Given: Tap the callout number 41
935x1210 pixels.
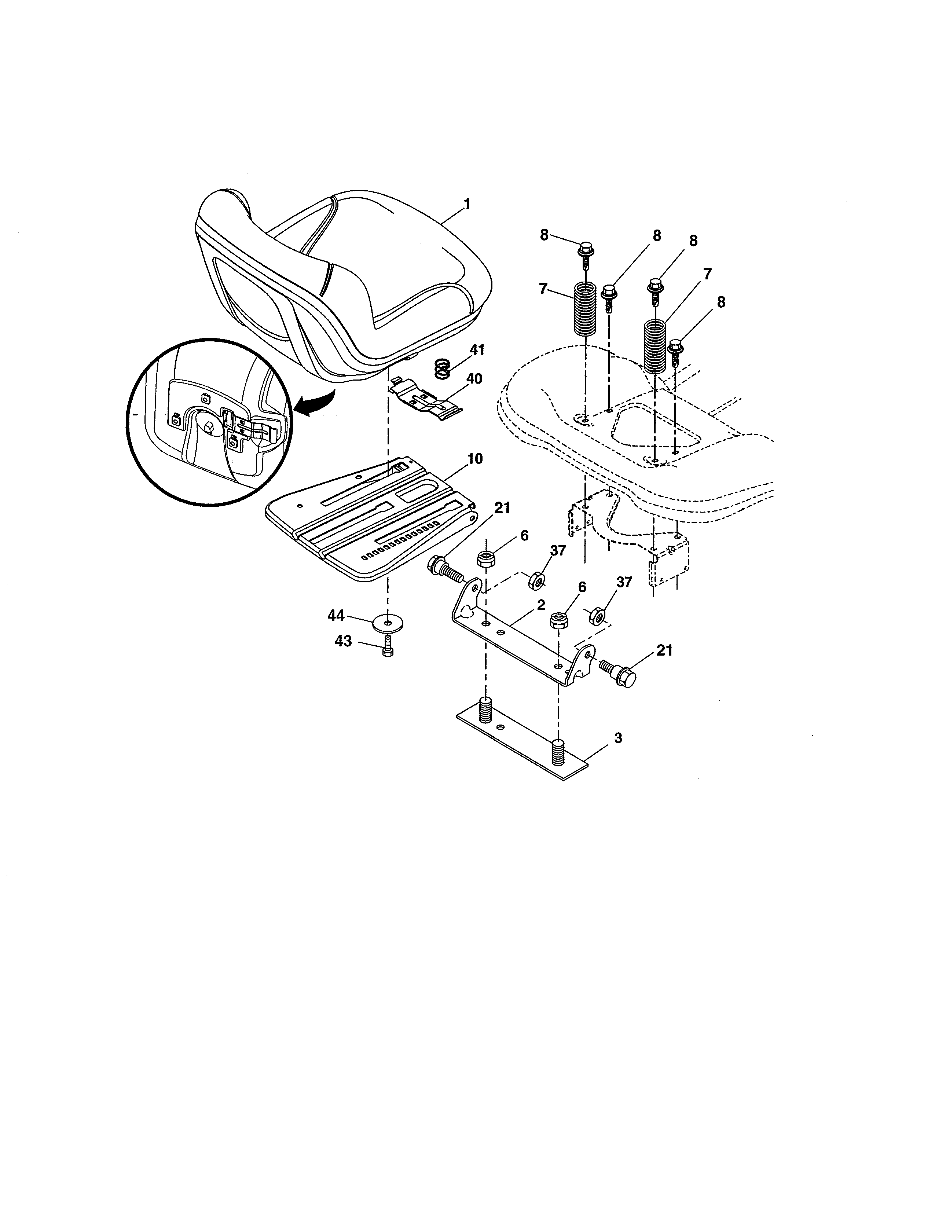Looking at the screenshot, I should (x=477, y=350).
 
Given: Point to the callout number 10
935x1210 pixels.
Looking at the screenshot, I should (x=475, y=459).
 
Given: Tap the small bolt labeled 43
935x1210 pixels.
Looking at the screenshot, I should (x=387, y=646).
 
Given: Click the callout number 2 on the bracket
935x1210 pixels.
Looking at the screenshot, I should (x=540, y=604).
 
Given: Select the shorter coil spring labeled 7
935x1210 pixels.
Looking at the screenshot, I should (x=585, y=309).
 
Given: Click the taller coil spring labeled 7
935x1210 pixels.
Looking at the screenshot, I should (x=655, y=346).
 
